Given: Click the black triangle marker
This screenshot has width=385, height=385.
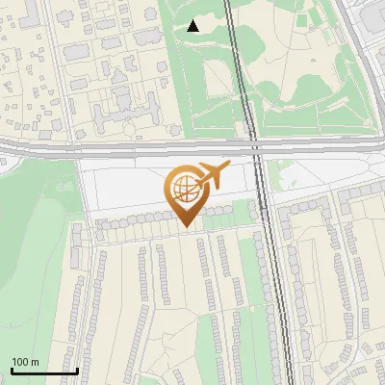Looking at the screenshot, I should [193, 26].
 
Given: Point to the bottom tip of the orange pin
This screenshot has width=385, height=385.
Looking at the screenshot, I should [186, 228].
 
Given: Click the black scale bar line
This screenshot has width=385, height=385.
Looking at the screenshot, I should [43, 371].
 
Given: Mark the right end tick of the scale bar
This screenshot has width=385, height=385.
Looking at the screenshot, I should [77, 369].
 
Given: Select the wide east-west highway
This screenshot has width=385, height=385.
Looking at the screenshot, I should [115, 147].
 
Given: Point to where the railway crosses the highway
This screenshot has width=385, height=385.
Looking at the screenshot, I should [255, 147].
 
